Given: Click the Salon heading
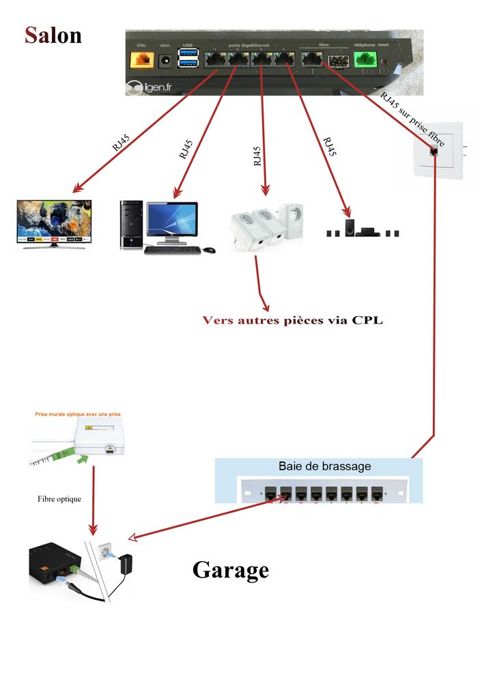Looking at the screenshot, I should click(53, 35).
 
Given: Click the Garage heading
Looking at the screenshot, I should click(230, 569).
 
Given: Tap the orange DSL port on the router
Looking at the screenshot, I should click(143, 60).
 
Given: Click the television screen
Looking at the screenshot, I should click(55, 223).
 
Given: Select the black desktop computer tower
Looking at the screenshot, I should click(132, 224).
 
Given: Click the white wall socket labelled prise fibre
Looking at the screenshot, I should click(438, 150).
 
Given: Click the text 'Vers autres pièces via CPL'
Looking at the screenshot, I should click(292, 320).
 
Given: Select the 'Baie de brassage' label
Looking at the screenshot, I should click(324, 466).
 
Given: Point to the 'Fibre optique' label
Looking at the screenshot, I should click(59, 499).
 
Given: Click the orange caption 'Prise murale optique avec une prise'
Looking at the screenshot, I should click(78, 414).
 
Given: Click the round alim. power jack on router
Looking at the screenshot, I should click(165, 61).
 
